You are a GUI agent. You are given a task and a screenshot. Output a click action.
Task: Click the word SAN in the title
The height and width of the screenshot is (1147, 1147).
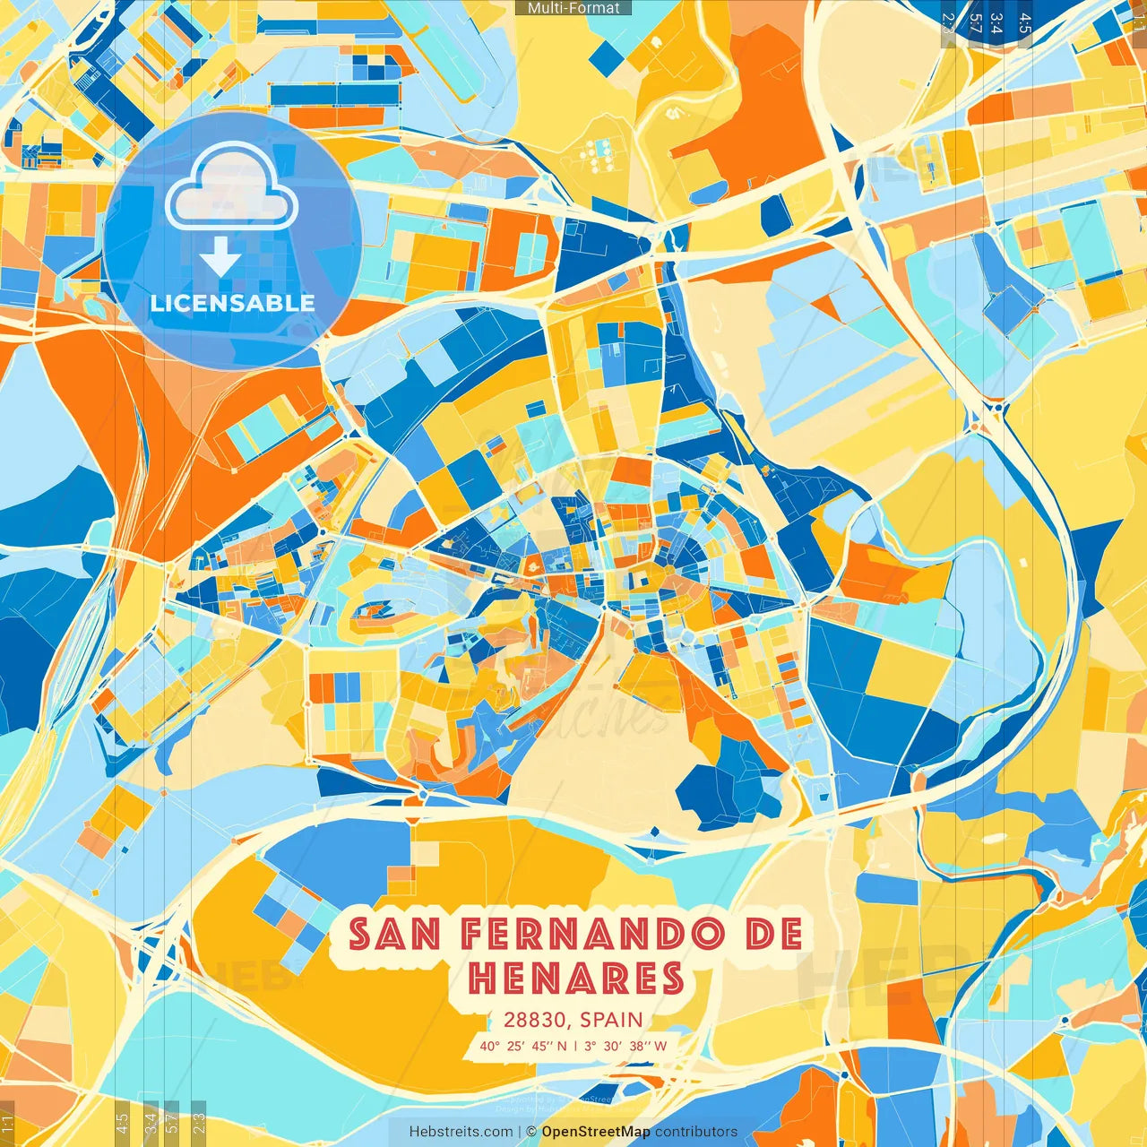[x=394, y=935]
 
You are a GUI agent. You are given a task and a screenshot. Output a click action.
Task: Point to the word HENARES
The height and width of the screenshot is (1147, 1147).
[x=576, y=978]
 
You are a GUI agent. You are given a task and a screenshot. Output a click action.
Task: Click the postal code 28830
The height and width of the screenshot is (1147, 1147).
[x=535, y=1020]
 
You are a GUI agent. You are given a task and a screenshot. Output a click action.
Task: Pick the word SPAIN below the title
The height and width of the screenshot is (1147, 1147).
[x=611, y=1020]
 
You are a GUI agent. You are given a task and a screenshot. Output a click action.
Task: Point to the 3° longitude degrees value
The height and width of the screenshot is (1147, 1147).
[x=590, y=1046]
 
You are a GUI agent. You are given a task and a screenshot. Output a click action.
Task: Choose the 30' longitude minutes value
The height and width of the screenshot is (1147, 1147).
[x=613, y=1046]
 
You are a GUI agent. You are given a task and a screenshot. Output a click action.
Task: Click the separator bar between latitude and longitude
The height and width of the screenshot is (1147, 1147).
[x=574, y=1046]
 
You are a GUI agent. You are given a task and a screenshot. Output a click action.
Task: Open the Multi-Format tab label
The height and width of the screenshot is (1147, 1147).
[x=573, y=8]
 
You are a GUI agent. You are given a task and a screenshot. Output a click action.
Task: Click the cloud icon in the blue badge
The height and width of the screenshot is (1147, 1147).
[x=231, y=189]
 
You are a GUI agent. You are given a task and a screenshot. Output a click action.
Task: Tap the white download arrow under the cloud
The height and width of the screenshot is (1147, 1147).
[x=220, y=258]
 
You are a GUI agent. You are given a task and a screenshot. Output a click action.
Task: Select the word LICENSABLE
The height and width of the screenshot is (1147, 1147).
[x=232, y=303]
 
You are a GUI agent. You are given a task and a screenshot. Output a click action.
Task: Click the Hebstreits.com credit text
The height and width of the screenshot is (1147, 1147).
[x=461, y=1132]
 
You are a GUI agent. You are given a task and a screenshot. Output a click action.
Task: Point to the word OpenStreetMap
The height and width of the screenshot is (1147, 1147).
[x=596, y=1132]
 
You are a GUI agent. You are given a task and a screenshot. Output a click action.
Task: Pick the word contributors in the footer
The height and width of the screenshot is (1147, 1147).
[x=696, y=1132]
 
